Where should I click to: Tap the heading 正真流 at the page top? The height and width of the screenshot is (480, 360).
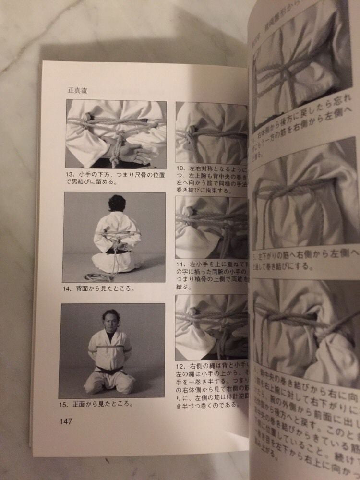pyautogui.click(x=78, y=90)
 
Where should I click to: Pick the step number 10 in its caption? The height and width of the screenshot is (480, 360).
pyautogui.click(x=181, y=168)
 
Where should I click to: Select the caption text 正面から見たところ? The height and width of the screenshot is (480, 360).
pyautogui.click(x=101, y=404)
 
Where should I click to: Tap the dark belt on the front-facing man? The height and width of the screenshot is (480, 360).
pyautogui.click(x=110, y=371)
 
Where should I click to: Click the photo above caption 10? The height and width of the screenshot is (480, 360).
pyautogui.click(x=211, y=132)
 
